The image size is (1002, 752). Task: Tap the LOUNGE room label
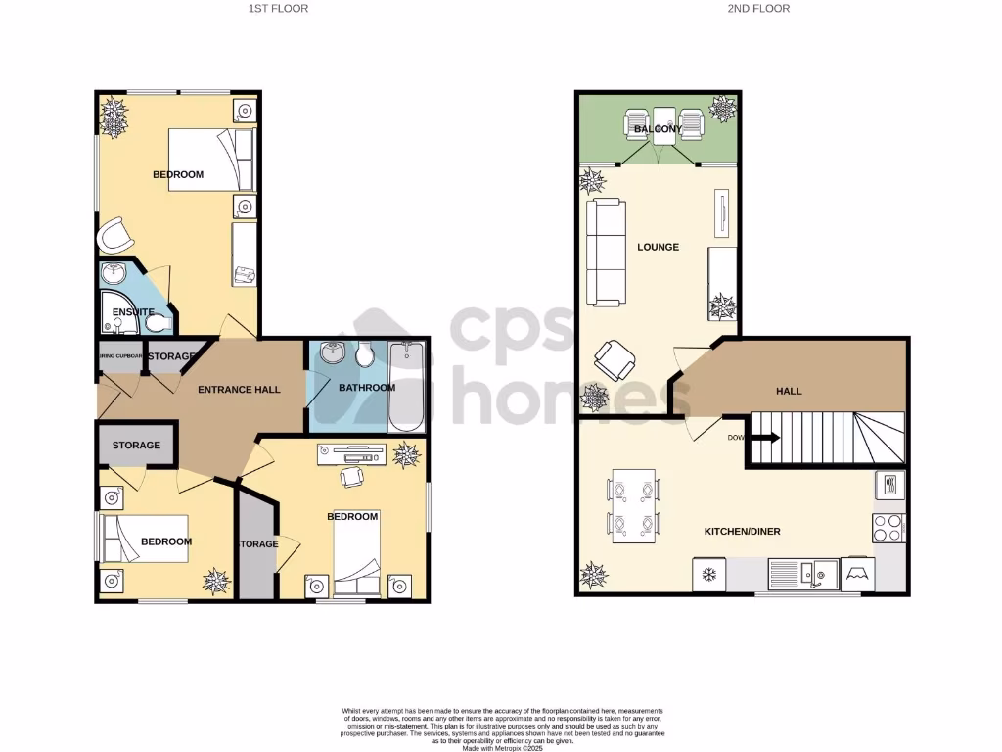click(x=658, y=247)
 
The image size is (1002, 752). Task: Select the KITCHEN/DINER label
click(x=742, y=532)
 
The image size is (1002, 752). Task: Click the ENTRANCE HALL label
click(x=239, y=390)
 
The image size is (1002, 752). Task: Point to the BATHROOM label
click(x=367, y=388)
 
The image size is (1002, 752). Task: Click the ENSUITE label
click(x=132, y=312)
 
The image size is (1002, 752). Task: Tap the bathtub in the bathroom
click(x=407, y=387)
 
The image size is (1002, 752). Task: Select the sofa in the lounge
click(x=604, y=252)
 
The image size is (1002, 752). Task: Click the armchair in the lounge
click(x=615, y=359)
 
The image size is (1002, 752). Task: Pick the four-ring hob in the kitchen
click(x=888, y=528)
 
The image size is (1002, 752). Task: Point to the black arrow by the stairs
click(x=765, y=438)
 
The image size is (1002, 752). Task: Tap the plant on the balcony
click(x=723, y=109)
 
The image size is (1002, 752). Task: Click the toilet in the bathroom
click(x=366, y=355)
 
